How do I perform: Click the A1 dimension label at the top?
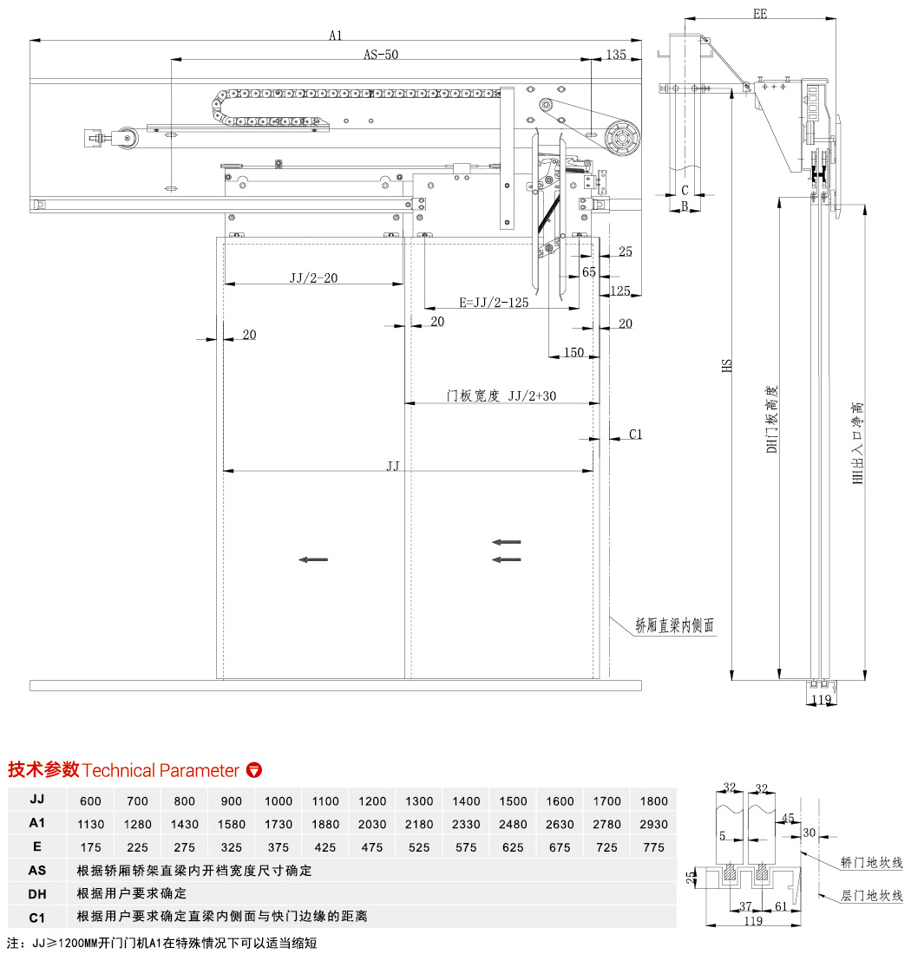(336, 35)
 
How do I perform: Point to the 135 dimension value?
(615, 55)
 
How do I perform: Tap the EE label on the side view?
(760, 14)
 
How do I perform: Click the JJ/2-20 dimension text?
(314, 278)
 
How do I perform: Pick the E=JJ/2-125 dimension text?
(493, 303)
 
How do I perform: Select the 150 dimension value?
(573, 352)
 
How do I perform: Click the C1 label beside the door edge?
(635, 434)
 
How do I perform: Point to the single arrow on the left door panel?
(313, 559)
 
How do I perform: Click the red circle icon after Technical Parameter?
(254, 770)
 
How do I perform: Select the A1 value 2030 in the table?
(372, 824)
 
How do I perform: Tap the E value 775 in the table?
(654, 847)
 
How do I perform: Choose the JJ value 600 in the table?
(90, 800)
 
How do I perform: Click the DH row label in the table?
(36, 893)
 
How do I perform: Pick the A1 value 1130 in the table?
(90, 824)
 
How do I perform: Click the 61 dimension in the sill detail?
(780, 905)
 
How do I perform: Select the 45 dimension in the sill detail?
(788, 818)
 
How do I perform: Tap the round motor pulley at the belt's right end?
(622, 137)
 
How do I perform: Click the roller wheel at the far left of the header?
(129, 136)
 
